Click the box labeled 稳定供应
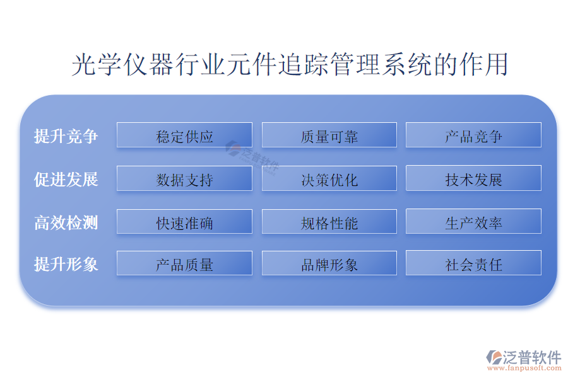[x=184, y=135]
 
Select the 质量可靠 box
[x=329, y=135]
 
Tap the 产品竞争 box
[x=473, y=135]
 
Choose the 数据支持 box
[x=184, y=178]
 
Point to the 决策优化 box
[x=329, y=178]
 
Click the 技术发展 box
[x=473, y=178]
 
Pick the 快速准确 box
[x=184, y=221]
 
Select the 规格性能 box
[x=329, y=221]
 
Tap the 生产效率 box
[x=473, y=221]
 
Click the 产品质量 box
[x=184, y=263]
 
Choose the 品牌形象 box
[x=329, y=263]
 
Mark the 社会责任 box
[x=473, y=263]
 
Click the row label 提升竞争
[x=66, y=136]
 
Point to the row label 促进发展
[x=66, y=180]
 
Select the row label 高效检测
[x=66, y=222]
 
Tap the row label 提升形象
[x=66, y=264]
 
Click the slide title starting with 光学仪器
[x=290, y=64]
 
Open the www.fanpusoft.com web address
[x=524, y=368]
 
